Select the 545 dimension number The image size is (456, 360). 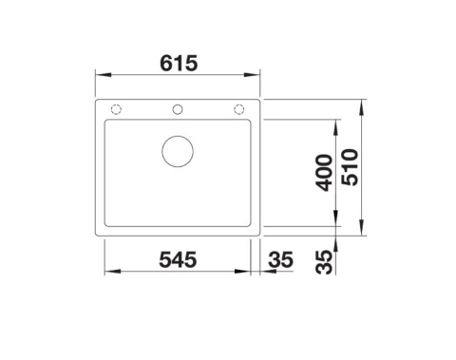(x=177, y=257)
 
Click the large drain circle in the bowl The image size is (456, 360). (x=177, y=151)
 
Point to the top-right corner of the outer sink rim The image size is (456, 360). (x=256, y=99)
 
